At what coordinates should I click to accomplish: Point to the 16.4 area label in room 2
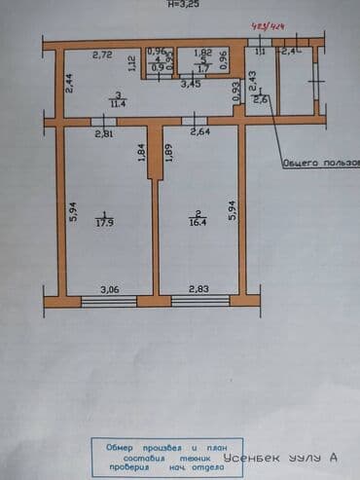coord(197,220)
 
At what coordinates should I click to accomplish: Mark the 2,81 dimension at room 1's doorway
coord(101,132)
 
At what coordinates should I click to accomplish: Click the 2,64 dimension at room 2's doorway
coord(200,132)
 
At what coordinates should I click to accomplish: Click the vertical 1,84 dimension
coord(142,154)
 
